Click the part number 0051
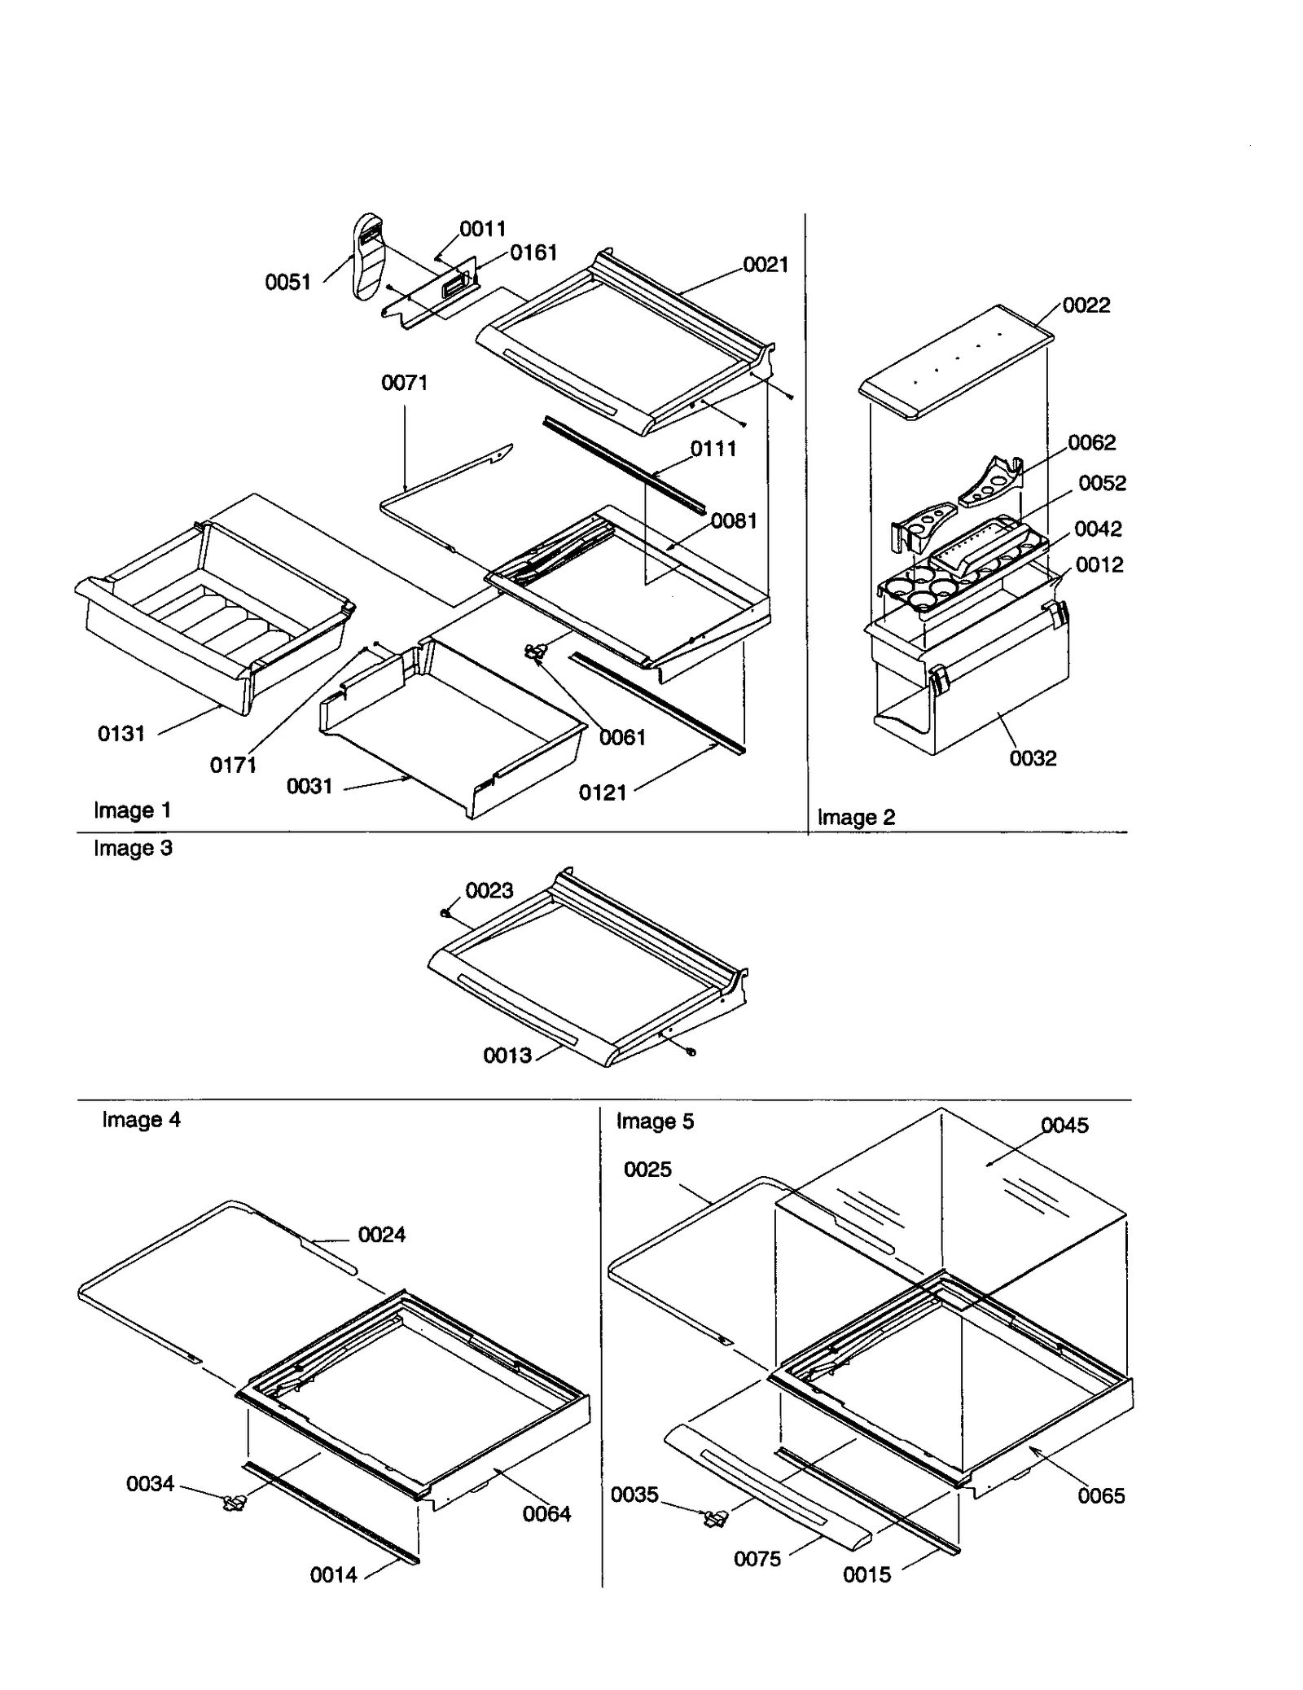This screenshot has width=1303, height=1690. coord(288,282)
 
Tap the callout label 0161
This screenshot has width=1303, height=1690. coord(533,252)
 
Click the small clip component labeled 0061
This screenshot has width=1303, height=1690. coord(534,652)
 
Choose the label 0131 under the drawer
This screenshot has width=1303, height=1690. coord(121,733)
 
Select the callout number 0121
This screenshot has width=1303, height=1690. coord(602,792)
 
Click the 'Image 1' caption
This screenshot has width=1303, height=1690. coord(132,810)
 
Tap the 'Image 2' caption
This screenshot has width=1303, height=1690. coord(855,817)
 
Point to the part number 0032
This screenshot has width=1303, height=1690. coord(1032,758)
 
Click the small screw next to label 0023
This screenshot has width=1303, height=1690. coord(445,913)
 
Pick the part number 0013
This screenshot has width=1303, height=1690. coord(507,1056)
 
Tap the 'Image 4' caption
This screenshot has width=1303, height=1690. coord(141,1119)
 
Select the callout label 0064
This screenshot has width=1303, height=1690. coord(546,1513)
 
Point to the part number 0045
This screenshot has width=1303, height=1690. coord(1064,1125)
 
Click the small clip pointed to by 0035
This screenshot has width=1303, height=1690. coord(716,1518)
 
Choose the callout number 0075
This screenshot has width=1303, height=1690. coord(757,1559)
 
